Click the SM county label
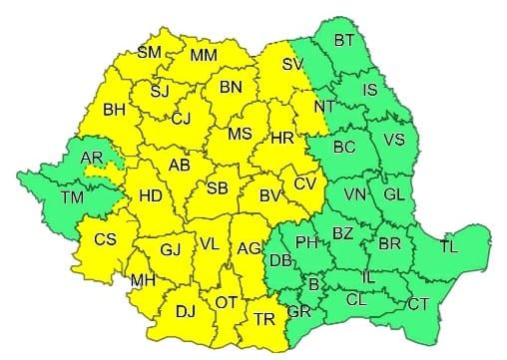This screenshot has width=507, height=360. (149, 53)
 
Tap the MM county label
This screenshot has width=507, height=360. (205, 53)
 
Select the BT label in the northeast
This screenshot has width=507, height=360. (345, 41)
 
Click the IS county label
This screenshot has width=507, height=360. (369, 90)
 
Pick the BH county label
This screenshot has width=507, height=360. (114, 109)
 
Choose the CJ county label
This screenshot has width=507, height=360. (181, 119)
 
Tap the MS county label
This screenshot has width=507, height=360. (240, 134)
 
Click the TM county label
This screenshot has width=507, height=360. (71, 198)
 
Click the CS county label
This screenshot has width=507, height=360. (105, 238)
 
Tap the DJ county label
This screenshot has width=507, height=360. (186, 311)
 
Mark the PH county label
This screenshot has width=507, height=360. (307, 242)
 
